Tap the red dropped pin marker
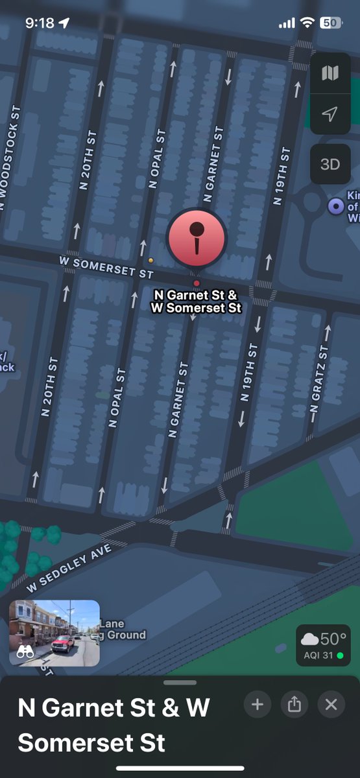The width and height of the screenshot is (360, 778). click(197, 238)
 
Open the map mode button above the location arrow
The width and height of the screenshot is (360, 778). click(330, 73)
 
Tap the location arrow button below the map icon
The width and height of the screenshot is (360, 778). click(330, 114)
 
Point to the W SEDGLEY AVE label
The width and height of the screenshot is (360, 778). click(69, 567)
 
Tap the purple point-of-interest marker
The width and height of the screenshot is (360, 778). click(336, 206)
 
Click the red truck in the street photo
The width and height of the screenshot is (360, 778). click(62, 642)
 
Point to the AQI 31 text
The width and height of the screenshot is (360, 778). click(318, 655)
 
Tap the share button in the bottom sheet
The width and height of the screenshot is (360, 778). click(294, 704)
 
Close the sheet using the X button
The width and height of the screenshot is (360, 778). click(331, 704)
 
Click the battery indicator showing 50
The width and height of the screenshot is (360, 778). click(330, 23)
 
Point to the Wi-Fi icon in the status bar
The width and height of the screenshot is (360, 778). click(306, 23)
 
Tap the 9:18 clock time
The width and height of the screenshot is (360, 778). click(40, 23)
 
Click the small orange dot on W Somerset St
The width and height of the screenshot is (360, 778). click(151, 260)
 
